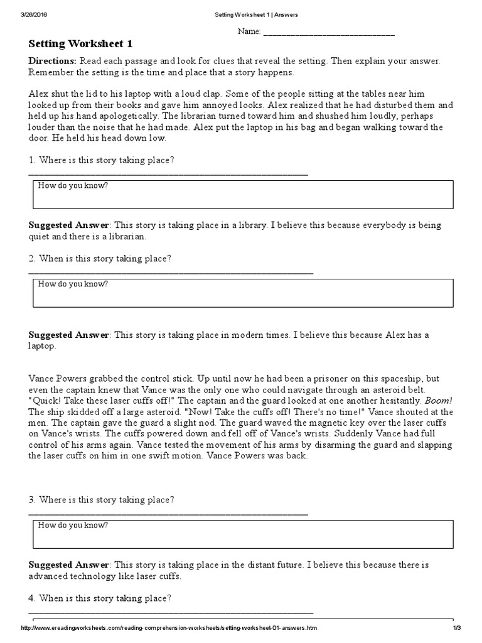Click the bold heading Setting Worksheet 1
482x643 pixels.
80,45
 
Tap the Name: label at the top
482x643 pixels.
249,32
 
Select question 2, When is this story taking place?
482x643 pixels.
105,258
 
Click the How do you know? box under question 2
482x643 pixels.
242,292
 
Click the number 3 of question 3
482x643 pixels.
31,499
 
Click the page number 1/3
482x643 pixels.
456,629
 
